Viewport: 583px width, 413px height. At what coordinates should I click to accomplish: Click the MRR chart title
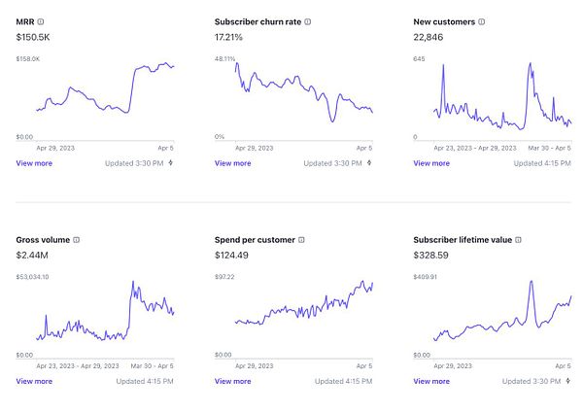click(x=25, y=20)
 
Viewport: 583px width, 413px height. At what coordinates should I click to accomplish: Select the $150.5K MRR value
click(x=35, y=37)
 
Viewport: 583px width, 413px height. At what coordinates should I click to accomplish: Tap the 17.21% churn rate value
click(x=229, y=37)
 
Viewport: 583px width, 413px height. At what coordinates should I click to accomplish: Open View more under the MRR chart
click(x=34, y=163)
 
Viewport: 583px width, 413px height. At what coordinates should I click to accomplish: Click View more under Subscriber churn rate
click(x=232, y=163)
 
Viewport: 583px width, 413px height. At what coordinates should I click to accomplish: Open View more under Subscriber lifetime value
click(x=431, y=381)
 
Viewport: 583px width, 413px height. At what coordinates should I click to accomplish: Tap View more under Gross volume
click(x=34, y=381)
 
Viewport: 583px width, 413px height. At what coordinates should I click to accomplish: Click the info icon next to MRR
click(x=41, y=20)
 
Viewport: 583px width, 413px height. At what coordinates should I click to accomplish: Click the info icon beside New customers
click(x=482, y=20)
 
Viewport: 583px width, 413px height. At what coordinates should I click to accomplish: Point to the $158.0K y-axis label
click(x=28, y=59)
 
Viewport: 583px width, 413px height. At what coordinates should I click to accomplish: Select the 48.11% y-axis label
click(x=225, y=59)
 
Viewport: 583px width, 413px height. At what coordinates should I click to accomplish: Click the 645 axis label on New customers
click(x=420, y=59)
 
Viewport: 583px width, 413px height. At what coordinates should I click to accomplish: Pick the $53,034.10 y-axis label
click(x=33, y=277)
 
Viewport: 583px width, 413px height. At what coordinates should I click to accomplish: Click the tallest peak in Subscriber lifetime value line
click(x=532, y=282)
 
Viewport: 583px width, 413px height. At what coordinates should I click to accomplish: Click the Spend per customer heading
click(x=255, y=239)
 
